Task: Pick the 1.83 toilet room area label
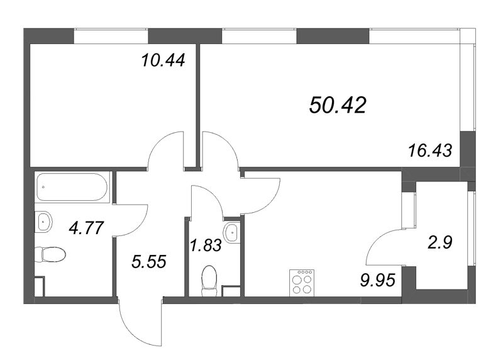[x=205, y=245]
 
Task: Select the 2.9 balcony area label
[x=440, y=242]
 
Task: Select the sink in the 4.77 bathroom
[x=45, y=220]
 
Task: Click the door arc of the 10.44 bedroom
[x=165, y=146]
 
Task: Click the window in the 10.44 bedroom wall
[x=109, y=36]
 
